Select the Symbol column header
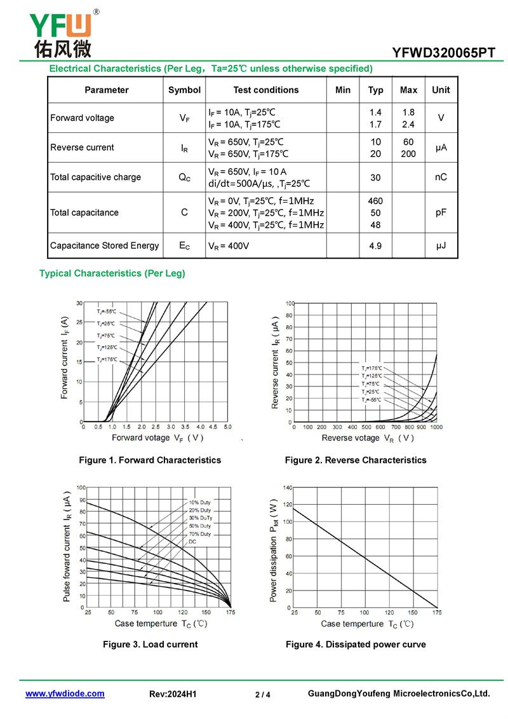(184, 90)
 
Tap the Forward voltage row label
(83, 118)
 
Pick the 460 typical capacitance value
(375, 201)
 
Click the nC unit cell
(441, 177)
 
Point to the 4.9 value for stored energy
(375, 246)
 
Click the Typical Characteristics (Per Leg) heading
(112, 273)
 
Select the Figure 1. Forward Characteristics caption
(150, 460)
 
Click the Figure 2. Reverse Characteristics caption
(356, 460)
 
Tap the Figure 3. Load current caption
(150, 645)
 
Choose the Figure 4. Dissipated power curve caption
(356, 645)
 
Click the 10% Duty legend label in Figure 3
(199, 503)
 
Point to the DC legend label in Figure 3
(192, 542)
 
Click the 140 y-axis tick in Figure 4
(288, 488)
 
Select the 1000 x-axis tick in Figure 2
(437, 427)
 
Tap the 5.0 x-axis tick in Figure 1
(227, 427)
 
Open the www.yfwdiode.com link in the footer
(65, 694)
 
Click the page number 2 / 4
(262, 695)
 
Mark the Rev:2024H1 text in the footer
(173, 694)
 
